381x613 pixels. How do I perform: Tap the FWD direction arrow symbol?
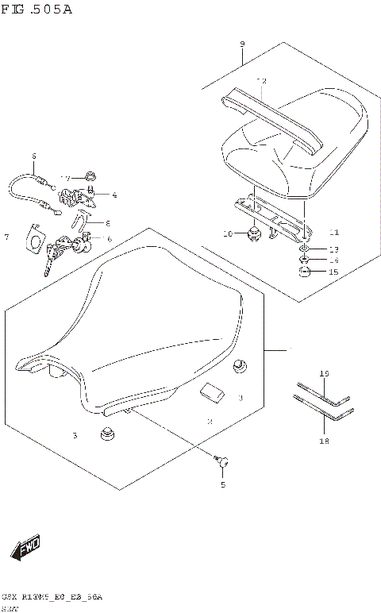25,547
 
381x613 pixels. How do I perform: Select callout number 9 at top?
241,44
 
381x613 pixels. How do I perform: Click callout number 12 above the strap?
261,81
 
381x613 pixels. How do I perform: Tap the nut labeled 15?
306,272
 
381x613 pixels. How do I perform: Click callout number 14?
333,260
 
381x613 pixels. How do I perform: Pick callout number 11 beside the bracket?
333,233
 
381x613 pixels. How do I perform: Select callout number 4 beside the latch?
114,195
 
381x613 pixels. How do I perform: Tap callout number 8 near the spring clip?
108,223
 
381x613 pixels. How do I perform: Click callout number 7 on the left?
6,237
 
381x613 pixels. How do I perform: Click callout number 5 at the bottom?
222,484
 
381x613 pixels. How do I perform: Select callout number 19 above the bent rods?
323,373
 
